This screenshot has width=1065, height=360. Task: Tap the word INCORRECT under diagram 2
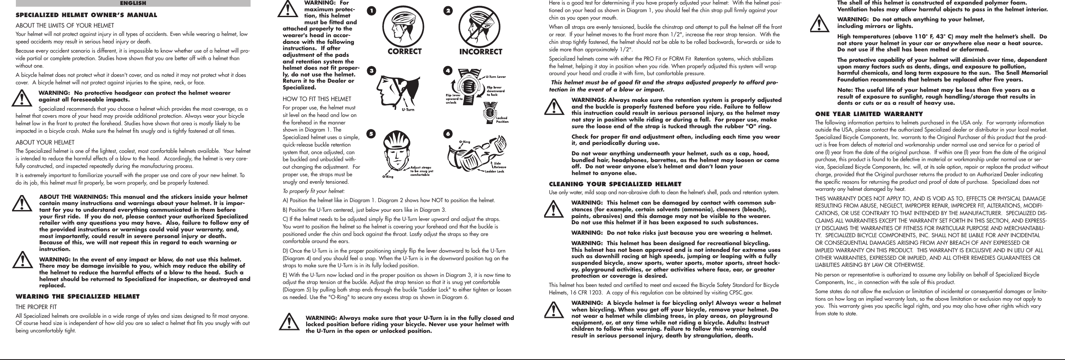[x=480, y=52]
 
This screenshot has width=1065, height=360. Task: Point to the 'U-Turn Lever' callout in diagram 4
[x=496, y=77]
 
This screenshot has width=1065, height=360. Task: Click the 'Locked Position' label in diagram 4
[x=501, y=120]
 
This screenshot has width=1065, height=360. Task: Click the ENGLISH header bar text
[x=133, y=3]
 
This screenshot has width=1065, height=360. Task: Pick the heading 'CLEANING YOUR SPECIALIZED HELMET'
[x=615, y=184]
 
